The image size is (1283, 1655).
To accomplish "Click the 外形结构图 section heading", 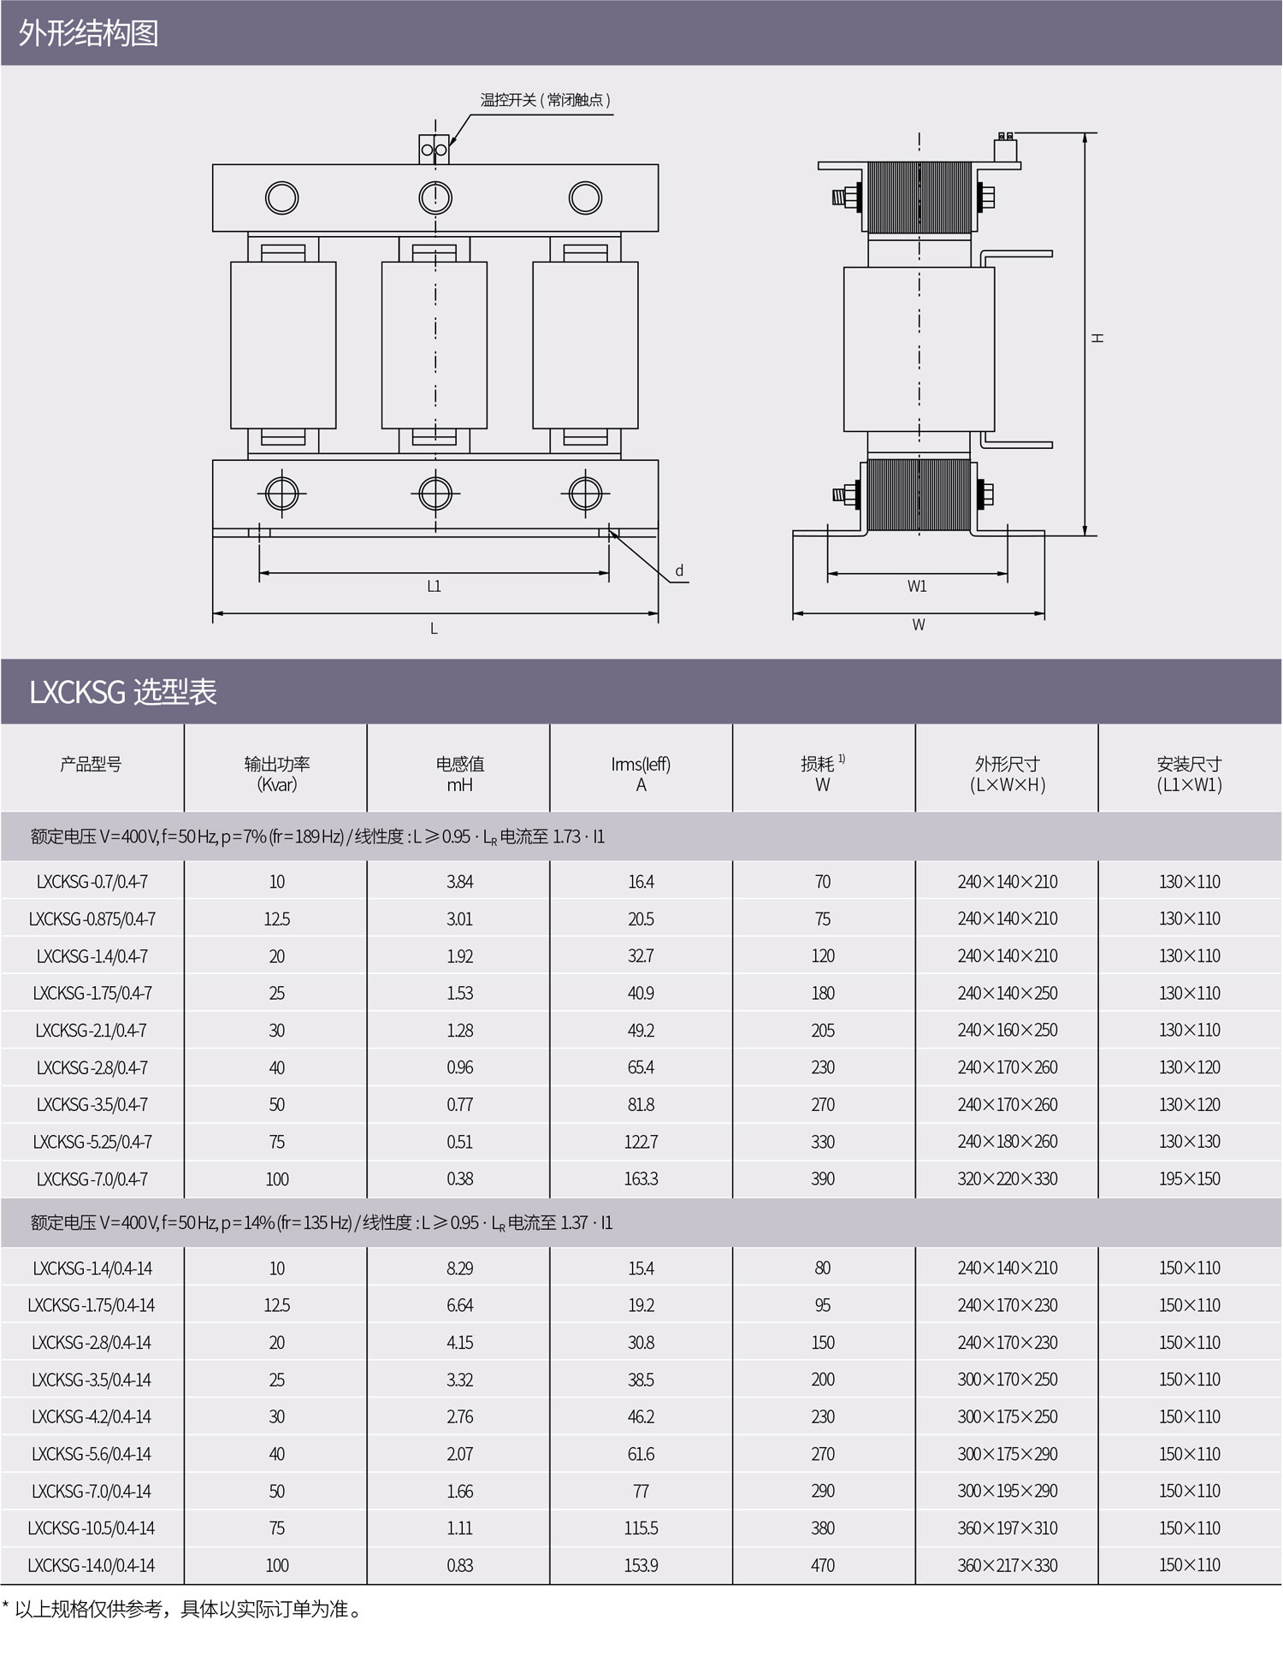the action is click(89, 33).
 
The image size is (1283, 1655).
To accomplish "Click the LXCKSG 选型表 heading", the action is click(123, 691).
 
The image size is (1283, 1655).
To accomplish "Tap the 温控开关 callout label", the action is click(545, 100).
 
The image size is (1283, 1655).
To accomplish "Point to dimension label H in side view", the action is click(1097, 338).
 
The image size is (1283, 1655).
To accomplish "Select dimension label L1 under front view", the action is click(434, 586).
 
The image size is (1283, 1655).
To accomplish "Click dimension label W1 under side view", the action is click(917, 586).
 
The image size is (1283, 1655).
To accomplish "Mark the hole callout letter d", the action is click(679, 570).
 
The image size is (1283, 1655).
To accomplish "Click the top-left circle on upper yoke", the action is click(281, 198).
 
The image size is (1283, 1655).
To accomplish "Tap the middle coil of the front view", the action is click(435, 345).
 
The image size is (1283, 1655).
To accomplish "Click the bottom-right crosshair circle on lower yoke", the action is click(585, 494).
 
